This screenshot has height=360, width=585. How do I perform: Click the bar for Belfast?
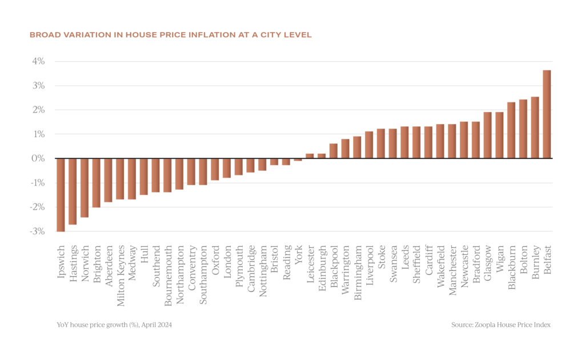point(546,114)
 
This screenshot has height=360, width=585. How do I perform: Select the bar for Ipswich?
point(60,194)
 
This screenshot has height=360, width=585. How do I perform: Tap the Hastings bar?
point(72,191)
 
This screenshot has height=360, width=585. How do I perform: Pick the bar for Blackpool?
point(333,151)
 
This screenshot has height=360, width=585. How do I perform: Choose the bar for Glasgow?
point(487,135)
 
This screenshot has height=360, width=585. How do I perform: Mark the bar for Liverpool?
point(368,145)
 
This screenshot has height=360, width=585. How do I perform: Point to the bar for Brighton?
point(96,183)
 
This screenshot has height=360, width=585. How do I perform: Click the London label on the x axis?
point(227,262)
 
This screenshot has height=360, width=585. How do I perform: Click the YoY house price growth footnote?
point(114,325)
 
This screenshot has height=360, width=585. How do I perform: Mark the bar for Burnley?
point(535,127)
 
